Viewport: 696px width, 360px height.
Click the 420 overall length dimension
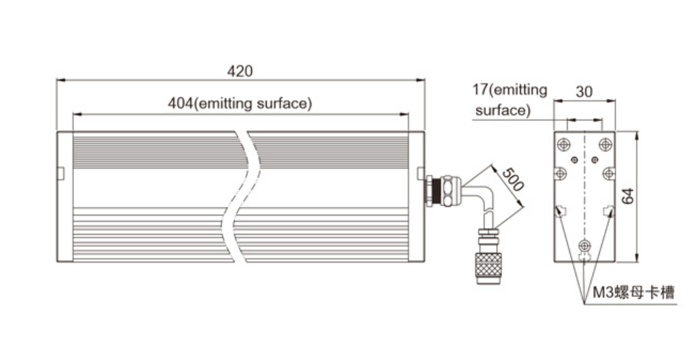click(x=240, y=71)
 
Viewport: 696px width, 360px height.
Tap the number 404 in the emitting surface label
click(x=180, y=103)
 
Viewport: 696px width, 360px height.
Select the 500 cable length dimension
click(x=512, y=180)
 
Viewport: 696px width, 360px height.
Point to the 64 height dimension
click(x=628, y=196)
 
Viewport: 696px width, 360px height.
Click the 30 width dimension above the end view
click(x=584, y=92)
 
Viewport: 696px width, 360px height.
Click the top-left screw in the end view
click(x=563, y=143)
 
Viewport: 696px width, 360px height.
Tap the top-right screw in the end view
click(x=605, y=143)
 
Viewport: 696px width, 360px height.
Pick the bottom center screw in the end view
click(x=584, y=245)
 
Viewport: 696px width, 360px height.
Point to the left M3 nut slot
click(x=560, y=211)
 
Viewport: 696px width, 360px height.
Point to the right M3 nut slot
click(x=608, y=211)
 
